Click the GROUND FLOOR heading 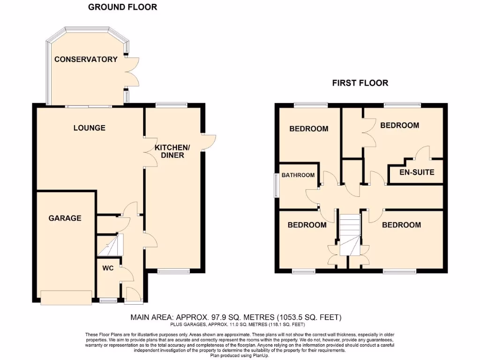[122, 7]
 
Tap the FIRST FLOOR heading [360, 83]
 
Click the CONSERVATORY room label [86, 59]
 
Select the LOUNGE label [89, 127]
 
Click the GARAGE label [65, 218]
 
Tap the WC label [108, 270]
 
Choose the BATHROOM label [298, 175]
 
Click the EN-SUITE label [417, 172]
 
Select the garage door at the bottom [66, 298]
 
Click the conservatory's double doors [133, 72]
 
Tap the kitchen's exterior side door [209, 142]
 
